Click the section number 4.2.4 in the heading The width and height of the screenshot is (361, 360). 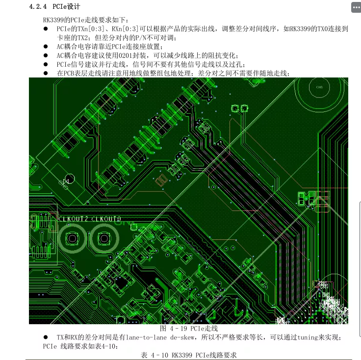(x=38, y=7)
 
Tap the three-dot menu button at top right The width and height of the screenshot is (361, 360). (x=355, y=7)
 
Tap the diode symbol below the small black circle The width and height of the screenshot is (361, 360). (x=66, y=181)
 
